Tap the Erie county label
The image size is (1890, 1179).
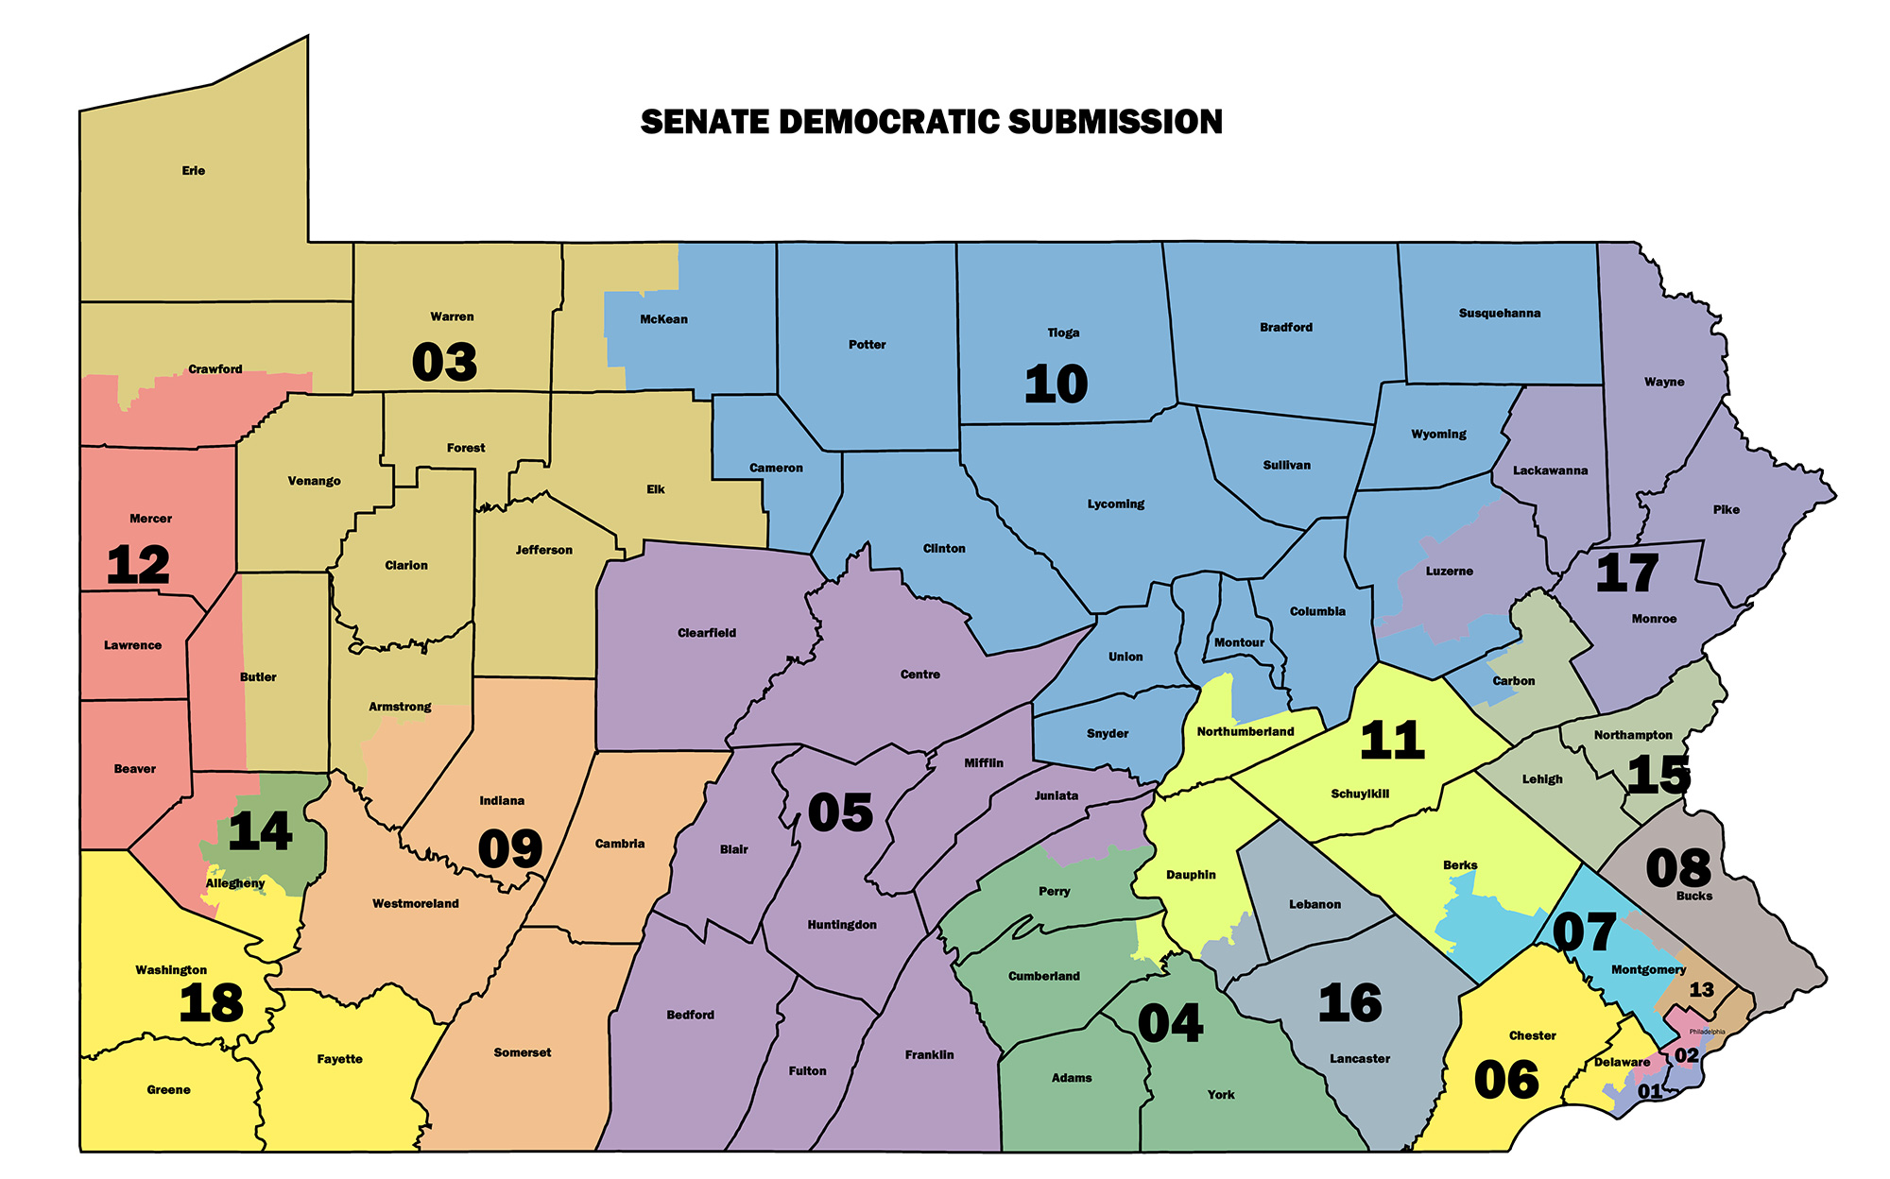193,171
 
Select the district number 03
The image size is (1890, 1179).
444,363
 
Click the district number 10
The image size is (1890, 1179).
1056,384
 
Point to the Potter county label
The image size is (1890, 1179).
867,345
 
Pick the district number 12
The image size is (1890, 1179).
138,565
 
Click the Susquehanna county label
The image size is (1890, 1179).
1499,313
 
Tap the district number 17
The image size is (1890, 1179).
1626,573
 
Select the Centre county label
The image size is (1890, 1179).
919,675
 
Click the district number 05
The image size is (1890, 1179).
840,812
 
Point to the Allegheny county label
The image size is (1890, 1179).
235,883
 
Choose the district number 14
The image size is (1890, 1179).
260,831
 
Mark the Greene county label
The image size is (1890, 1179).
168,1090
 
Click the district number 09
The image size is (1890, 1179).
510,848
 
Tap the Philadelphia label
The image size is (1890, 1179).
1707,1032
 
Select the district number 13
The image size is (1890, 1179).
1701,990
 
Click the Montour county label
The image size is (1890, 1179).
1239,642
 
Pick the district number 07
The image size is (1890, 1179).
1584,932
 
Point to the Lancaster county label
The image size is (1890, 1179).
1359,1059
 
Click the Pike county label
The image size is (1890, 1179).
1726,509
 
